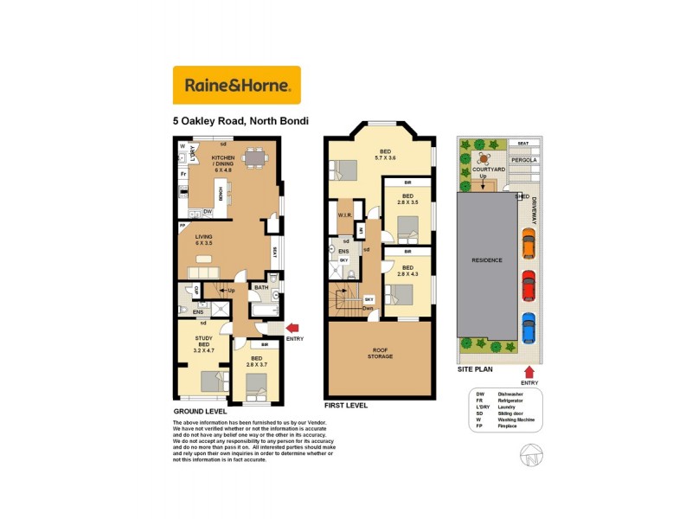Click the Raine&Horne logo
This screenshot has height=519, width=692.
pos(237,85)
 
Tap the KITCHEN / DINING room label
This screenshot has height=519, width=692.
pos(229,163)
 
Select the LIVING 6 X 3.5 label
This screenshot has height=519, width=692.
pos(204,240)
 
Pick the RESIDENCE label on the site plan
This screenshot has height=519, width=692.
pos(486,259)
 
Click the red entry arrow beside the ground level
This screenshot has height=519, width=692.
pos(292,327)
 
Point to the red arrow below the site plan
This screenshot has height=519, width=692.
pos(529,372)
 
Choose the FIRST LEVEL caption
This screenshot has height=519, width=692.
pos(346,405)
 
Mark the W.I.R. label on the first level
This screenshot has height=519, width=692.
pos(343,216)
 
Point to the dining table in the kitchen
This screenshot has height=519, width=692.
pos(255,158)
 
